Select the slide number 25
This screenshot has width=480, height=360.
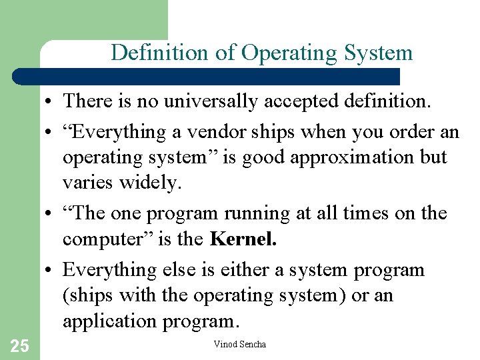pyautogui.click(x=19, y=345)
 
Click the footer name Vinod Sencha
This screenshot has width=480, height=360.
pyautogui.click(x=239, y=345)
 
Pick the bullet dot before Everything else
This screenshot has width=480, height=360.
pyautogui.click(x=51, y=271)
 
